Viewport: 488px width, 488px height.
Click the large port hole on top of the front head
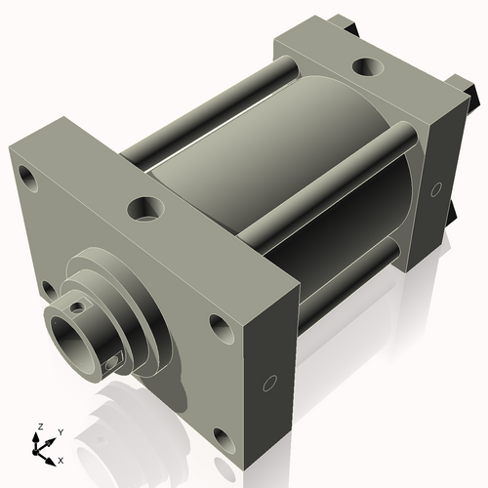[147, 208]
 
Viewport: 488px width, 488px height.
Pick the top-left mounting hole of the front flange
[29, 181]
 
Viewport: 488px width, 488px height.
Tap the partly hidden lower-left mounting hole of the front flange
[46, 288]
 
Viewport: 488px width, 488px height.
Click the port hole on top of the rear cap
[368, 68]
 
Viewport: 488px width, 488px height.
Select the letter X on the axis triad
[61, 459]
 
